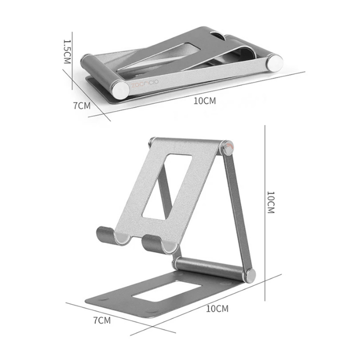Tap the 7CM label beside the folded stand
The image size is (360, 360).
(x=82, y=106)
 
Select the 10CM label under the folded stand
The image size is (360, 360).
(x=205, y=100)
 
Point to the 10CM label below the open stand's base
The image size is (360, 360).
(x=217, y=308)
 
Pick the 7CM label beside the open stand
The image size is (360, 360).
(x=102, y=320)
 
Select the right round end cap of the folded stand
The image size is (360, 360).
(x=275, y=63)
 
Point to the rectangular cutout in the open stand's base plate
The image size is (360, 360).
(x=166, y=291)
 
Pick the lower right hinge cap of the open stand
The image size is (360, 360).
(x=250, y=275)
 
